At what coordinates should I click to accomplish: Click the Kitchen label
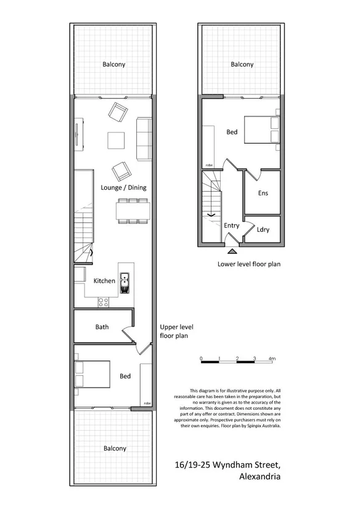(104, 281)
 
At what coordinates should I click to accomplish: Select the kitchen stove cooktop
(104, 302)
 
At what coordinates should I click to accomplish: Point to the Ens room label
(263, 193)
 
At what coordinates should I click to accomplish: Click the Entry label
(232, 226)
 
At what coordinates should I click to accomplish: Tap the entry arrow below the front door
(231, 250)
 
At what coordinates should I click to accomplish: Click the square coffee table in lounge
(117, 140)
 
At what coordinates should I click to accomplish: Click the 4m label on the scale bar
(272, 358)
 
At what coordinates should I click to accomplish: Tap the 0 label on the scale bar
(202, 358)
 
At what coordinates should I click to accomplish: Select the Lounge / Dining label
(124, 187)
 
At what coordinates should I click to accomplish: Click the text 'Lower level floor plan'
(249, 264)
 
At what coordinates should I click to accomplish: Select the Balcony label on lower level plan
(242, 64)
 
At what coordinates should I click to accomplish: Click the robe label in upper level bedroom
(147, 403)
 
